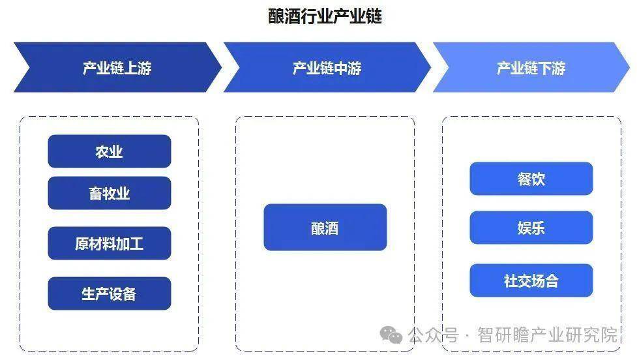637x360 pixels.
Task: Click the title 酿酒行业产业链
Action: coord(325,16)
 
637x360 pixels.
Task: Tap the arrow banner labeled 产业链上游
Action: coord(117,67)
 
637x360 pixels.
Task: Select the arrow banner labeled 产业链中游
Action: coord(327,67)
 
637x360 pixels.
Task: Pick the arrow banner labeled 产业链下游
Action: coord(531,67)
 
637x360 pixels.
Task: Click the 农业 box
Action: coord(110,151)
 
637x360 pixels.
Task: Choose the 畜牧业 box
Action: coord(110,193)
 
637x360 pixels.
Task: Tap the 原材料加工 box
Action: coord(110,243)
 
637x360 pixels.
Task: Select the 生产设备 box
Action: coord(110,293)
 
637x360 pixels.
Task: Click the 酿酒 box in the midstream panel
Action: coord(325,227)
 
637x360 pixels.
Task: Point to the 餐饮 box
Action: coord(531,179)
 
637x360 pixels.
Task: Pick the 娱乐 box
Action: coord(531,228)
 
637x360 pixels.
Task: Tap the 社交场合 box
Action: coord(531,280)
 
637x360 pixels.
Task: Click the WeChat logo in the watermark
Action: coord(391,335)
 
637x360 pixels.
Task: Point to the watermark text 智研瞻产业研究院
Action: coord(547,335)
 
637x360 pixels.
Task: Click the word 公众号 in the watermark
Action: coord(434,335)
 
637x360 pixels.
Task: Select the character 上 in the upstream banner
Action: coord(131,68)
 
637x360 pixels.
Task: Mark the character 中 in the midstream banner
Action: coord(340,68)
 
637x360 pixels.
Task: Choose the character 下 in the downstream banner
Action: coord(545,68)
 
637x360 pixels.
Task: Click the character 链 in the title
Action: coord(373,16)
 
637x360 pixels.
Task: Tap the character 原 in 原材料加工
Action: coord(82,243)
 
